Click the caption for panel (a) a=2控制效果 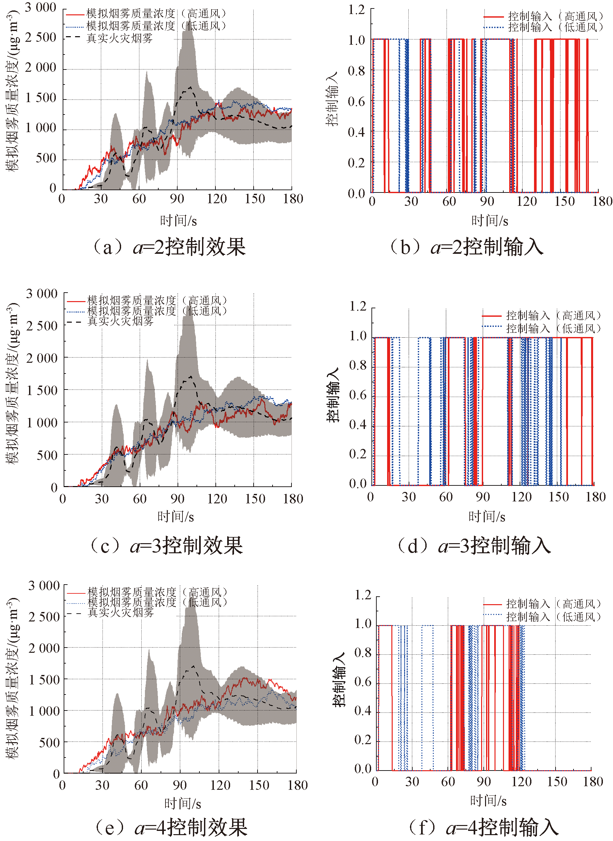click(x=169, y=247)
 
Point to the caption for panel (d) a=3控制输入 click(x=474, y=546)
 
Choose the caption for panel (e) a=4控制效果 click(x=171, y=827)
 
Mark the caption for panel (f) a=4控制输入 click(x=483, y=827)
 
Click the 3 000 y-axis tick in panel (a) click(x=40, y=8)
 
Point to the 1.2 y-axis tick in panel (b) click(x=356, y=10)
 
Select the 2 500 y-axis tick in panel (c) click(x=41, y=326)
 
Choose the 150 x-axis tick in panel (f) click(x=557, y=781)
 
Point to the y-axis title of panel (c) click(x=12, y=383)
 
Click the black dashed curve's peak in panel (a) click(x=190, y=87)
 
